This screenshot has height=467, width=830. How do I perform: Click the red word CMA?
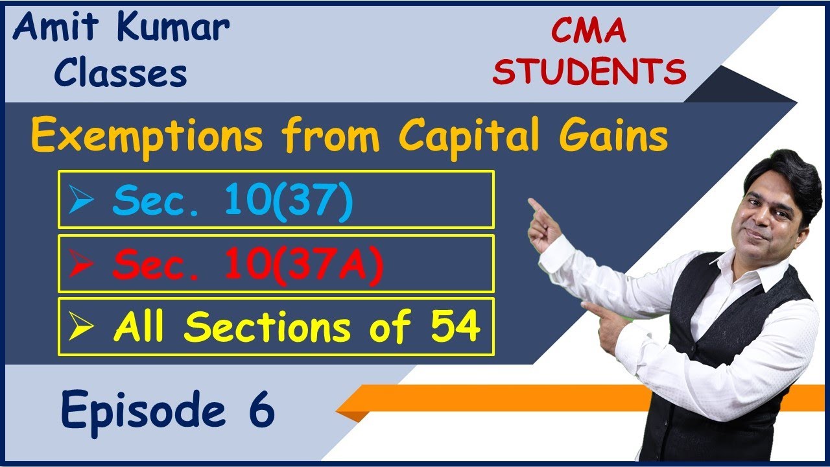coord(588,32)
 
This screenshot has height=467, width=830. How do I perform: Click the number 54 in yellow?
coord(457,327)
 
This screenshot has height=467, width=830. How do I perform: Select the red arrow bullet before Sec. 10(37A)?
coord(82,264)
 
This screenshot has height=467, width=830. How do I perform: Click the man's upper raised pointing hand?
coord(543,223)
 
